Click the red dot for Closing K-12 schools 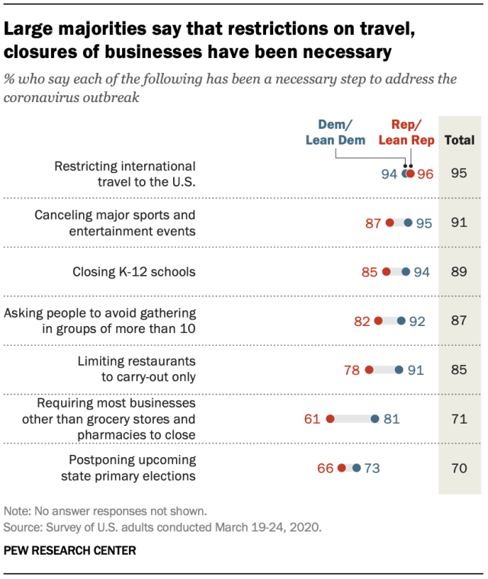tap(387, 272)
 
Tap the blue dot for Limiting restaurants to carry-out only tap(399, 369)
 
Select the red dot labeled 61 tap(330, 419)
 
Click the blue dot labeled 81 tap(375, 419)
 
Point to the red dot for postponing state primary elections tap(342, 468)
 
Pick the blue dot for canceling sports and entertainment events tap(408, 222)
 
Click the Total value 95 tap(459, 173)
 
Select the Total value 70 tap(459, 469)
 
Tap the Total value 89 tap(459, 272)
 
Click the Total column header tap(459, 140)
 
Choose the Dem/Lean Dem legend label tap(335, 133)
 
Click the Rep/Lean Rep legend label tap(406, 133)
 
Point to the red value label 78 tap(352, 370)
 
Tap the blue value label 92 tap(417, 321)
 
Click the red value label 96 tap(425, 174)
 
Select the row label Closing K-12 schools tap(134, 272)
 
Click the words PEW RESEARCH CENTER tap(70, 551)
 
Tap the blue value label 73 tap(372, 469)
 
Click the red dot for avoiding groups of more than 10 tap(378, 321)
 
